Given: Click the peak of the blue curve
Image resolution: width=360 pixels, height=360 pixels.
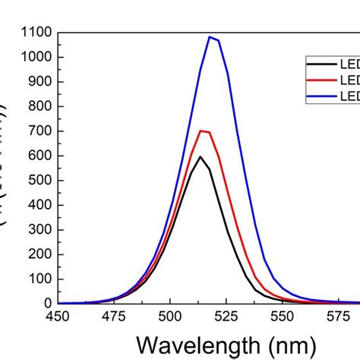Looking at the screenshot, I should point(210,36).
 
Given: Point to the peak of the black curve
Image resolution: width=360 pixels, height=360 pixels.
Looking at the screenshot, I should point(201,156).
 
